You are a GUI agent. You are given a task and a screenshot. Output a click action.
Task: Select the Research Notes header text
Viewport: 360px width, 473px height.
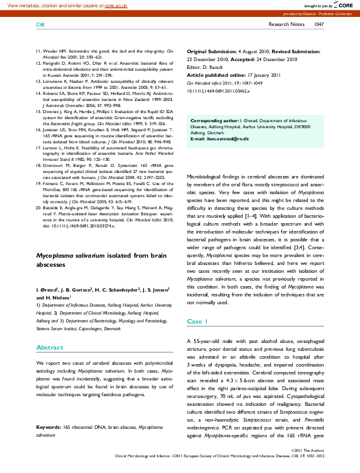pos(286,25)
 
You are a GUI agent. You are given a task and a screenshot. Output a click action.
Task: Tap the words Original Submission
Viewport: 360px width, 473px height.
pos(214,53)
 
